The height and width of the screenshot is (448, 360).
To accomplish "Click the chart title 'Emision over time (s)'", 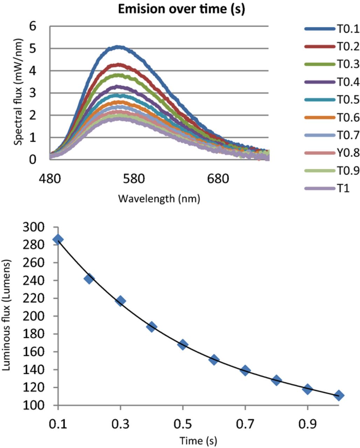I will coord(181,9).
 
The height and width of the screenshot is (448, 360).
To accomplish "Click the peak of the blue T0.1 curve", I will coord(119,47).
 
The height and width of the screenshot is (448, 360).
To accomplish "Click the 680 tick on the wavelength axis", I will coord(218,179).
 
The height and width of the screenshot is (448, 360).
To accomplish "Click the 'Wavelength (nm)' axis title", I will coord(159,199).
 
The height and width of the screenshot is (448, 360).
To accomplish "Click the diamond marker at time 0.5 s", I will coord(183,344).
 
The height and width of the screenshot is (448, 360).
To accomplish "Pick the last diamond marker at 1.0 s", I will coord(339,395).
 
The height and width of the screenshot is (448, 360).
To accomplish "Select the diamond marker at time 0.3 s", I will coord(120,301).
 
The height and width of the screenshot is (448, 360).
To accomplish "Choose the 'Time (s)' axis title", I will coord(198,440).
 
